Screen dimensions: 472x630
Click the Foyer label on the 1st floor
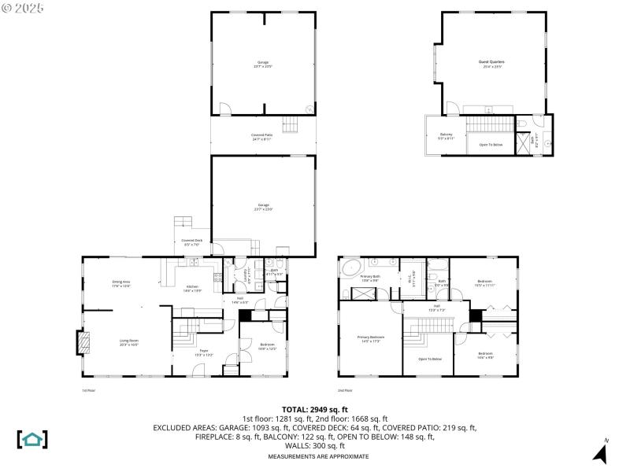[203, 352]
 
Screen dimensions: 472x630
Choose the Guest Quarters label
[491, 63]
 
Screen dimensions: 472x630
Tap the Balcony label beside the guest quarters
[446, 135]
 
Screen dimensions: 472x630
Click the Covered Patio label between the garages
[261, 137]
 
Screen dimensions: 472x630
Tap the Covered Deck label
[192, 242]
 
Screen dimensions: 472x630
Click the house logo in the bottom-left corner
[32, 439]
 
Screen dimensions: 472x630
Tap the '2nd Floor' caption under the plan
[345, 390]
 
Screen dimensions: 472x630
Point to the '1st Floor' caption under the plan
[89, 390]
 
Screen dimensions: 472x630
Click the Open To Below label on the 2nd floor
[429, 359]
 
